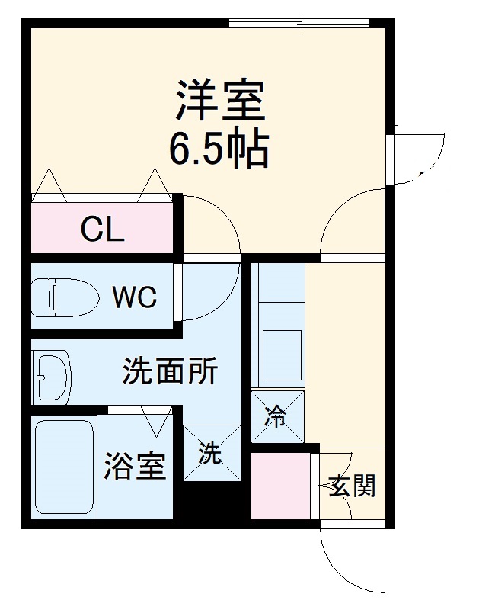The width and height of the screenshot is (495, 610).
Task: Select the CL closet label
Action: pyautogui.click(x=103, y=229)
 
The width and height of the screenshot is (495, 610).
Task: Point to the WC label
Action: pyautogui.click(x=135, y=297)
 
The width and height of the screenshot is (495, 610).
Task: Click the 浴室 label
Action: pyautogui.click(x=135, y=466)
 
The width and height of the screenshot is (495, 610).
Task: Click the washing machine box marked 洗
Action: pyautogui.click(x=211, y=453)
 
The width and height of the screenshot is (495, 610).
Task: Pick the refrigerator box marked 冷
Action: pyautogui.click(x=277, y=416)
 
